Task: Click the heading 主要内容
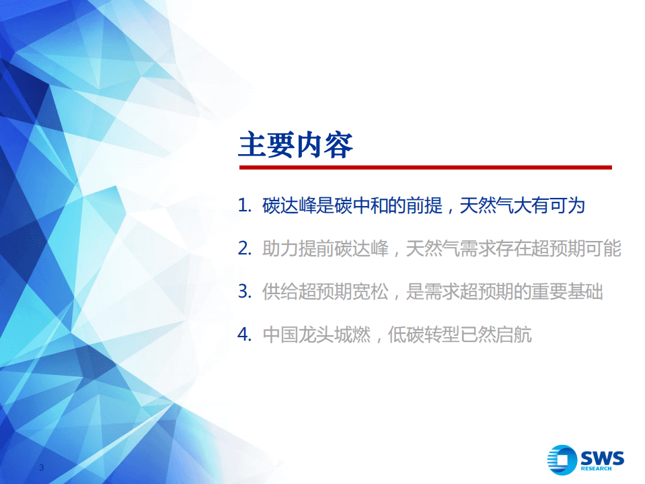[295, 145]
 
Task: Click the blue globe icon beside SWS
[562, 460]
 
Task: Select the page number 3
[42, 468]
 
